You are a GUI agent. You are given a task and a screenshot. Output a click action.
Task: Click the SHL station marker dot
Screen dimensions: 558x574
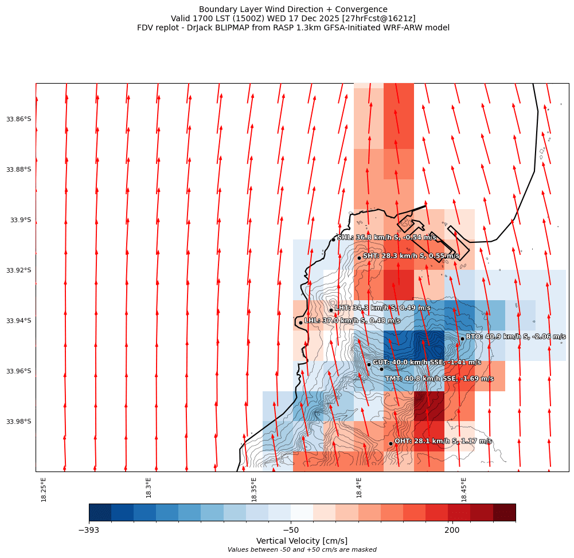coord(333,239)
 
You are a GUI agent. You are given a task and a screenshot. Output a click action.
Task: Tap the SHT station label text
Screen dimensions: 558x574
coord(411,256)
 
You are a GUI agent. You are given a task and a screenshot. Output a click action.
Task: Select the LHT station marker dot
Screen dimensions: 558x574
coord(331,310)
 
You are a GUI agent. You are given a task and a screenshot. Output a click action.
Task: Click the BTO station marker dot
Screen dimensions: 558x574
coord(462,339)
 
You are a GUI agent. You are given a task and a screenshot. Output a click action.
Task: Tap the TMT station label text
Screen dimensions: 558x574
coord(439,379)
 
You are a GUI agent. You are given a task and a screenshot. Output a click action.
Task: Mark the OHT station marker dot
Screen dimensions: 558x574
coord(391,443)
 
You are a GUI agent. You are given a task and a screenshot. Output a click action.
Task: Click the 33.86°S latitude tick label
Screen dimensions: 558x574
coord(18,119)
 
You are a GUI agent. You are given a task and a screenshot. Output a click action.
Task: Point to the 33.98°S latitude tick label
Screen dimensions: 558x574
coord(18,422)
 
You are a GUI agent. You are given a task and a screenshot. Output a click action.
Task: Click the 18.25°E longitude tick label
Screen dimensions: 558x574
coord(44,489)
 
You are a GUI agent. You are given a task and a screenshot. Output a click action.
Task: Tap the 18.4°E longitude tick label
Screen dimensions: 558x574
coord(359,489)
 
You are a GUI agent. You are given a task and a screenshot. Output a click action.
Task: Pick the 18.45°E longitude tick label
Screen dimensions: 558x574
coord(464,489)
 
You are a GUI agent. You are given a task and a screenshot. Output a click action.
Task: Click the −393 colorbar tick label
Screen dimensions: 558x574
coord(89,531)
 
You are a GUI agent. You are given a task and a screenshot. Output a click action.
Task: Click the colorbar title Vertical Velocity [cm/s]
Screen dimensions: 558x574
coord(302,541)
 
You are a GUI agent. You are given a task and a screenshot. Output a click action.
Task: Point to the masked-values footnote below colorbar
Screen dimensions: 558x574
coord(302,550)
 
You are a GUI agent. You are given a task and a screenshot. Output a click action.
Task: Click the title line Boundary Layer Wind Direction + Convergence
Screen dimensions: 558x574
coord(293,9)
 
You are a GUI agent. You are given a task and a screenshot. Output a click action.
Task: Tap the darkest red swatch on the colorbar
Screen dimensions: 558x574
coord(504,512)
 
